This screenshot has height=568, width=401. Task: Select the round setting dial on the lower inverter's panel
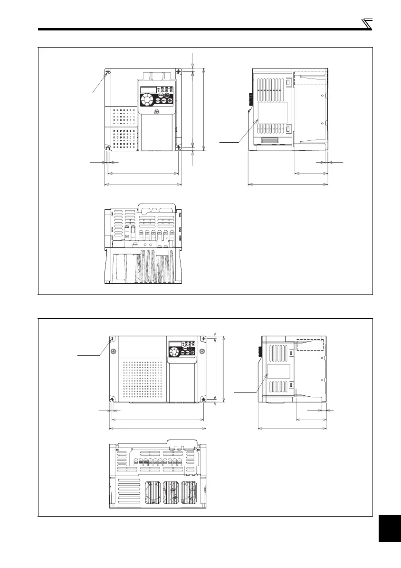(174, 352)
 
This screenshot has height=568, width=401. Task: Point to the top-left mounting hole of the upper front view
(108, 72)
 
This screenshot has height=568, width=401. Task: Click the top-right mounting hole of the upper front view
(179, 72)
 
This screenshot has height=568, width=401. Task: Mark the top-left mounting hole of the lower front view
(112, 340)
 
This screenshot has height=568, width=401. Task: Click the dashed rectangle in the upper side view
(311, 78)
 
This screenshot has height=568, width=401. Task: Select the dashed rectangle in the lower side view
(310, 344)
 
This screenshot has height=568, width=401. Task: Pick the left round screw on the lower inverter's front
(113, 352)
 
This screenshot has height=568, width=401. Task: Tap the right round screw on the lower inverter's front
(202, 352)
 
